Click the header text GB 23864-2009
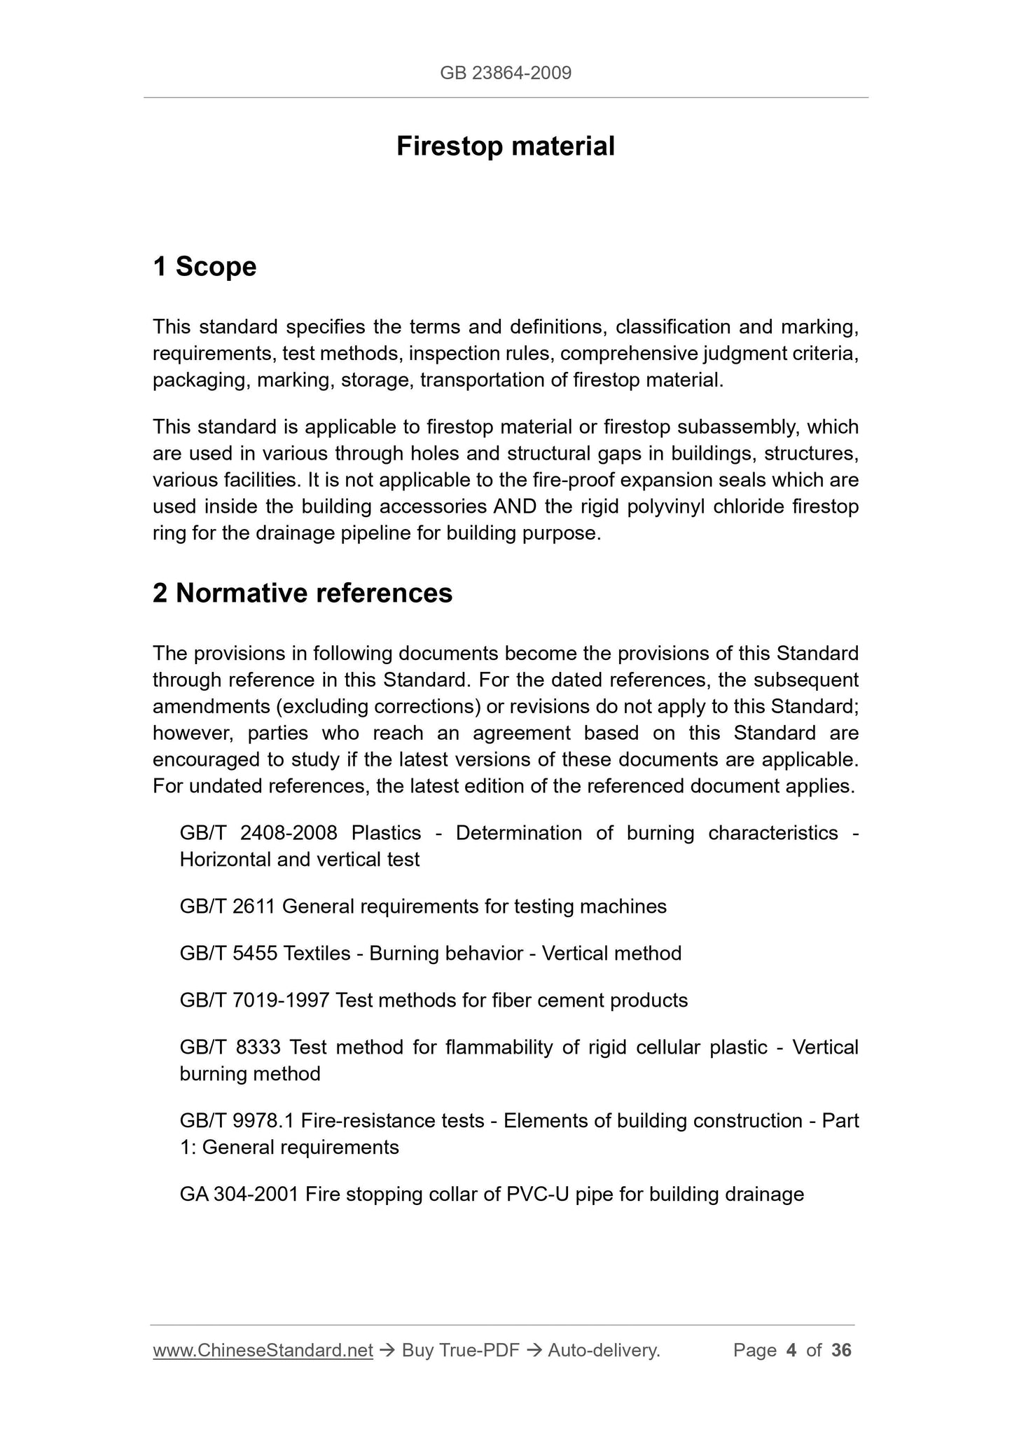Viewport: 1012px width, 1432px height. [506, 73]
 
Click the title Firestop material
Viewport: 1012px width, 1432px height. [506, 146]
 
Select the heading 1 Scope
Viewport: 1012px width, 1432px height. [205, 267]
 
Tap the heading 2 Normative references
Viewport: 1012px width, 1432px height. [303, 593]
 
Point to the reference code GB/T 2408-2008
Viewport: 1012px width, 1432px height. [258, 833]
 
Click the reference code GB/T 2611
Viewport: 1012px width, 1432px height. [228, 907]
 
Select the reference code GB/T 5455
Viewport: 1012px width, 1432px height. [228, 953]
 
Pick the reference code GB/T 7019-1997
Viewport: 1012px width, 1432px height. [254, 1000]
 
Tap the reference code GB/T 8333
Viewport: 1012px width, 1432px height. [230, 1047]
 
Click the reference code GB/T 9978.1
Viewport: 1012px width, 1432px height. [237, 1121]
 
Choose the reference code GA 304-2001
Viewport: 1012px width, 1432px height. [240, 1195]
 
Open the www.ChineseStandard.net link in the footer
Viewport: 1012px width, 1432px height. [263, 1350]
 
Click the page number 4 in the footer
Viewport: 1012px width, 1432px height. [791, 1350]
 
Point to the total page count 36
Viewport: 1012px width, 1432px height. [841, 1350]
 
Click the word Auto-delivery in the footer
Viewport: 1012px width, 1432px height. [604, 1350]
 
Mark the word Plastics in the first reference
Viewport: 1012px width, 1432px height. [387, 833]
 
